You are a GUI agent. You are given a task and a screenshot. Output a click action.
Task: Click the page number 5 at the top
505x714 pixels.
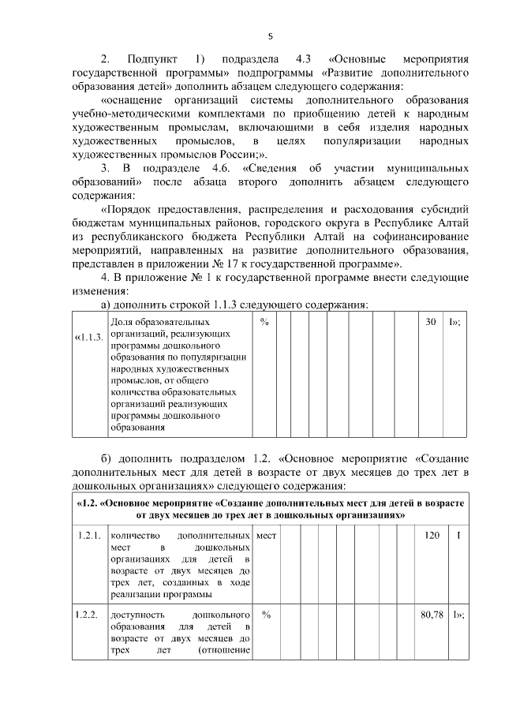(x=270, y=36)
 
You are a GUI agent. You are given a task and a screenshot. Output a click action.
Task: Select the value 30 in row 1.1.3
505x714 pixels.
(x=431, y=323)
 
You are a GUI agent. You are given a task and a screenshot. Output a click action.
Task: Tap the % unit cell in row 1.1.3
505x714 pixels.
(x=265, y=323)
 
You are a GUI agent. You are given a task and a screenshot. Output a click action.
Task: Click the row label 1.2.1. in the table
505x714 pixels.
(x=88, y=536)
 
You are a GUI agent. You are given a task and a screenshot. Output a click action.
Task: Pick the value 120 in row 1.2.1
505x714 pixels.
(x=431, y=536)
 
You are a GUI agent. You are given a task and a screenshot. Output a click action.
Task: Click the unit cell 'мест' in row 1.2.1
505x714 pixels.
(x=266, y=536)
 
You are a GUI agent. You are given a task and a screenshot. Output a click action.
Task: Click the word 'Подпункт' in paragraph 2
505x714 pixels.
(x=149, y=59)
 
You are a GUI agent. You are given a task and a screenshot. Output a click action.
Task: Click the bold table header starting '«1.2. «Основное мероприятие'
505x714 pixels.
(x=269, y=508)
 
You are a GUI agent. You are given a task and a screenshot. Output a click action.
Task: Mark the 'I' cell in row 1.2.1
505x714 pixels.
(x=457, y=536)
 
